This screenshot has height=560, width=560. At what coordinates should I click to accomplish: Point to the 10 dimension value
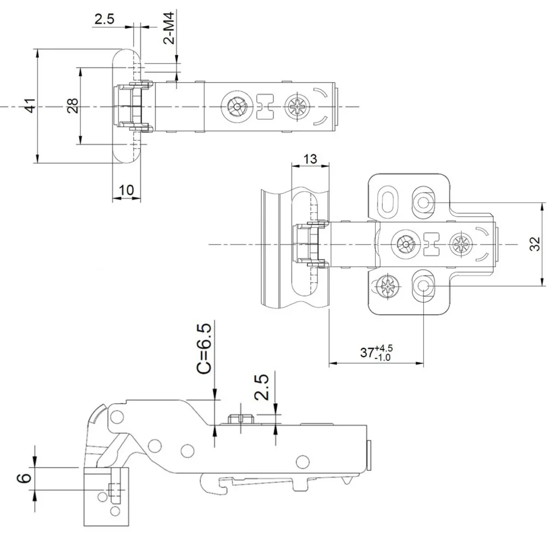(x=126, y=190)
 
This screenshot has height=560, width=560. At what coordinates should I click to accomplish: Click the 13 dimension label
(x=310, y=159)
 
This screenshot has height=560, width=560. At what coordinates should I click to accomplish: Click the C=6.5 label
(x=203, y=348)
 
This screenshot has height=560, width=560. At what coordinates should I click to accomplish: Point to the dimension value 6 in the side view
(x=24, y=478)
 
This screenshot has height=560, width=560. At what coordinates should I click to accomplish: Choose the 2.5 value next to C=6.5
(x=262, y=388)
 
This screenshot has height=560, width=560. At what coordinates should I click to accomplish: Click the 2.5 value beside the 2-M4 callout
(x=104, y=20)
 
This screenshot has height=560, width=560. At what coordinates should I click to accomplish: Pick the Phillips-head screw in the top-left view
(x=299, y=105)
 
